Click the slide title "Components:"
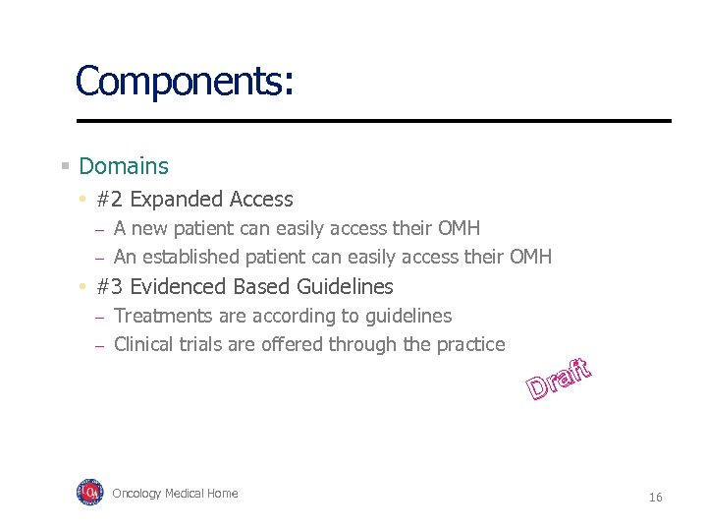(x=184, y=81)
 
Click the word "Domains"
(x=124, y=167)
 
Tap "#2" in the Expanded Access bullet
(x=110, y=200)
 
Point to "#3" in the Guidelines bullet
(x=110, y=287)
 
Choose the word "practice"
(x=470, y=344)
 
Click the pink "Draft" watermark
(x=559, y=382)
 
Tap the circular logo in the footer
(x=89, y=493)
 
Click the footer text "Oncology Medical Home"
(x=175, y=494)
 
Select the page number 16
(x=655, y=498)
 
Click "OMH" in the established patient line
(x=530, y=258)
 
